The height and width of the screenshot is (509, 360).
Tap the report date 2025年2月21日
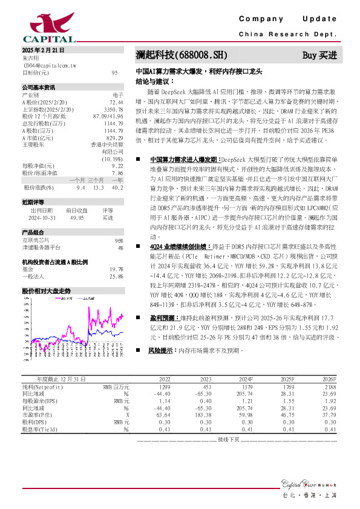click(x=43, y=50)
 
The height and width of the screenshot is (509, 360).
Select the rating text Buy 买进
click(x=319, y=55)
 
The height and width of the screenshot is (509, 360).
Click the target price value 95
click(x=114, y=73)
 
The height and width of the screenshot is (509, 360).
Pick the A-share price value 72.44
click(x=116, y=102)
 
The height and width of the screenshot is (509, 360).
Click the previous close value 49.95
click(x=77, y=218)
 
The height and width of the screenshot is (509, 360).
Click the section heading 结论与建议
click(x=155, y=80)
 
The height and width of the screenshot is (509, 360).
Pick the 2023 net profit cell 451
click(x=206, y=386)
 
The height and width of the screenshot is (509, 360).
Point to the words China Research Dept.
click(x=287, y=34)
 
